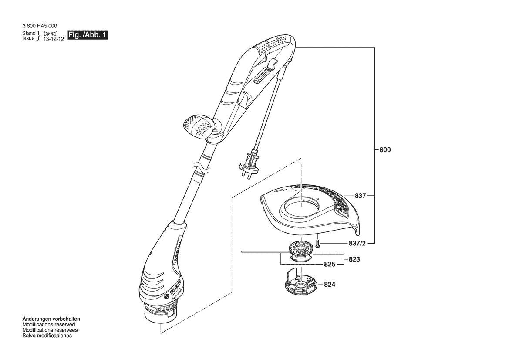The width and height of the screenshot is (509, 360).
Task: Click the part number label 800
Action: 385,150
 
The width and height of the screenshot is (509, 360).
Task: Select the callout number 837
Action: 361,196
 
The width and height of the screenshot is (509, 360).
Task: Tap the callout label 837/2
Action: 357,243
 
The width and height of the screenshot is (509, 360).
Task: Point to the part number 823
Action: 354,259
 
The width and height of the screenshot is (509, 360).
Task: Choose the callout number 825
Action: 330,265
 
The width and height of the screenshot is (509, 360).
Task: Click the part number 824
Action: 330,285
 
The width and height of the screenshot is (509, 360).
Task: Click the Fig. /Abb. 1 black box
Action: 87,35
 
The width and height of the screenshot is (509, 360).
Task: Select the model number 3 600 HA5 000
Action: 40,26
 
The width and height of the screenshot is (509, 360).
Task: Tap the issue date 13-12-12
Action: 54,39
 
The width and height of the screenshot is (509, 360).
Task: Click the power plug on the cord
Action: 249,163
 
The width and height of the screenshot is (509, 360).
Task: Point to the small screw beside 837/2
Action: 318,243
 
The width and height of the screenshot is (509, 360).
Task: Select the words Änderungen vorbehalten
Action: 51,319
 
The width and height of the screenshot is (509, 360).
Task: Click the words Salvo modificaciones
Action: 47,336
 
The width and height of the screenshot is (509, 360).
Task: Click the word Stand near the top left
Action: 29,33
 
